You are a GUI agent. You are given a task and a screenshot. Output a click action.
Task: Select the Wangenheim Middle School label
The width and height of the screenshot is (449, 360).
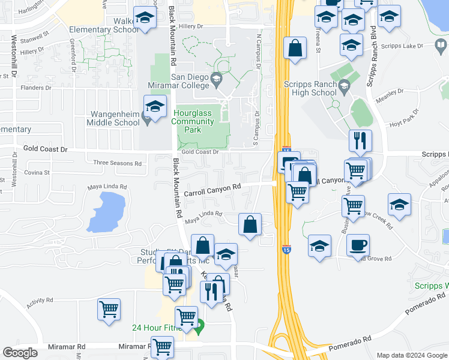pyautogui.click(x=115, y=118)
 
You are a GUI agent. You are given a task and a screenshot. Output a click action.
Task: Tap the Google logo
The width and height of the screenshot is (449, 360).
pyautogui.click(x=20, y=352)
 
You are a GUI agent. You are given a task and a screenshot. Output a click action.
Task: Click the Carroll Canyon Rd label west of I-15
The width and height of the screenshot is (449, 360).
pyautogui.click(x=212, y=190)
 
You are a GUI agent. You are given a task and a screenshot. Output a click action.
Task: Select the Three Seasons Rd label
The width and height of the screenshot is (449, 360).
pyautogui.click(x=117, y=163)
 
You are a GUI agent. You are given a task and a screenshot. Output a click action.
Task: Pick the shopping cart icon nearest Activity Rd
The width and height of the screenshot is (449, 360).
pyautogui.click(x=109, y=310)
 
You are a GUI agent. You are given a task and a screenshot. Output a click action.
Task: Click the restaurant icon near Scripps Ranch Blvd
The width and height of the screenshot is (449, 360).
pyautogui.click(x=360, y=141)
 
